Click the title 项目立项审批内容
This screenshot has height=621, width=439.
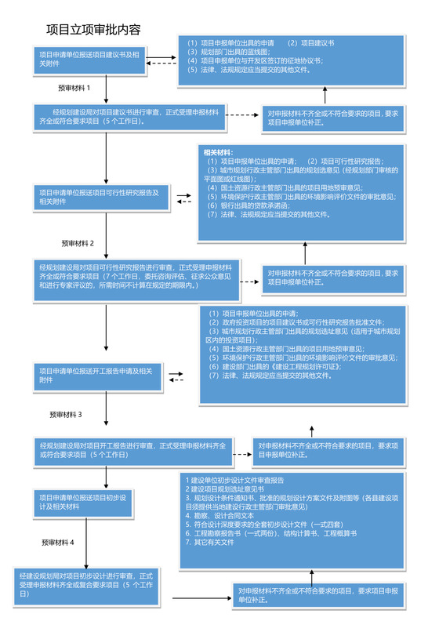(x=93, y=30)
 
